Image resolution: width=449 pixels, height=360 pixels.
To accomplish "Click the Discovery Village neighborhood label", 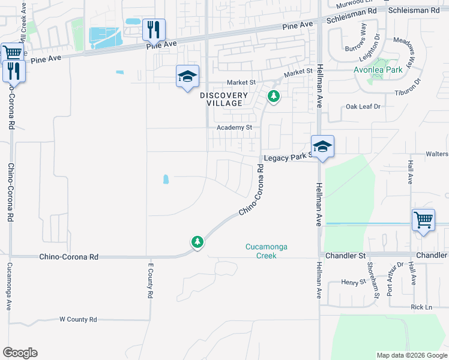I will [224, 99].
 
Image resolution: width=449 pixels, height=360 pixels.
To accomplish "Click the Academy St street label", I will [235, 128].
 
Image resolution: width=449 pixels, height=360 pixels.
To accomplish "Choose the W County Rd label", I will [78, 320].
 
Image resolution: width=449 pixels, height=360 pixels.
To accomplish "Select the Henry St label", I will [349, 282].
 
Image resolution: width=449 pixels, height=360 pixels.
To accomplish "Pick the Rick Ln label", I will [421, 307].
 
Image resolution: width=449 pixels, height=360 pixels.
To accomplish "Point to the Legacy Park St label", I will [287, 157].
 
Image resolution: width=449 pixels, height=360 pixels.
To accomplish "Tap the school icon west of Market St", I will [187, 76].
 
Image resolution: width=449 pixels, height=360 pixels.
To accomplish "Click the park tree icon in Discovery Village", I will [274, 96].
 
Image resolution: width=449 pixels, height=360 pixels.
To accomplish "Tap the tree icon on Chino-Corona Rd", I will [197, 242].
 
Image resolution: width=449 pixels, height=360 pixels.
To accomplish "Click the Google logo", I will [20, 353].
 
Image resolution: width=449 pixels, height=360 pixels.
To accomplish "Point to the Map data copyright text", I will [411, 355].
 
